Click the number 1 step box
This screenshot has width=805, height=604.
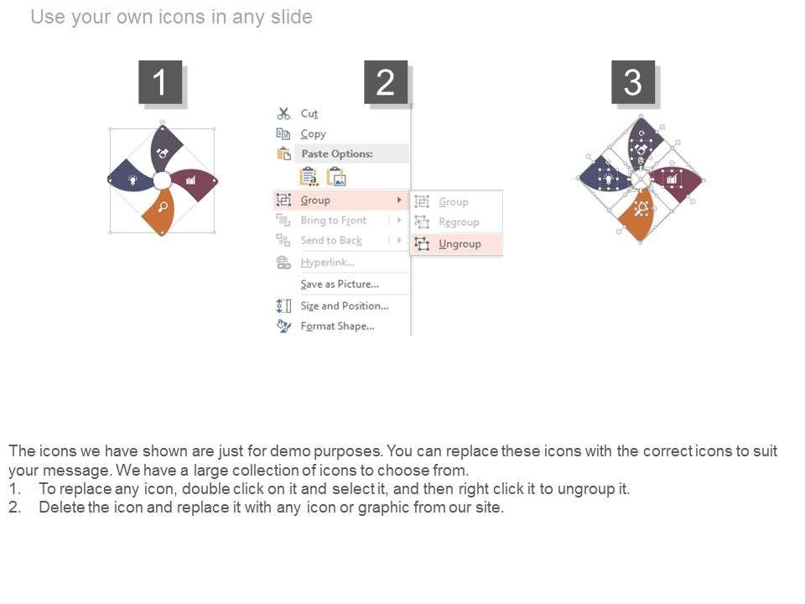point(160,82)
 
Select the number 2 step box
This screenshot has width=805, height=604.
point(386,82)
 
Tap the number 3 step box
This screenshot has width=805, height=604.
point(633,82)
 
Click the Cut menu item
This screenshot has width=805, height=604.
point(309,113)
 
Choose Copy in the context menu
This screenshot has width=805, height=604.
point(313,134)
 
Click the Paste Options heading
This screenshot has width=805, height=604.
point(337,154)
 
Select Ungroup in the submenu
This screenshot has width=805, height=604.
point(460,244)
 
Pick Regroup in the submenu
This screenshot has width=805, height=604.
point(459,222)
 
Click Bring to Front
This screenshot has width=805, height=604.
point(333,221)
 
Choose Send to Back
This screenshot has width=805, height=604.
point(331,241)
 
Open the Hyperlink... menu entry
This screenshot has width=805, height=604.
point(328,263)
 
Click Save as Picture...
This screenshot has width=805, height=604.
point(340,284)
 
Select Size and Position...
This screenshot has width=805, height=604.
point(345,306)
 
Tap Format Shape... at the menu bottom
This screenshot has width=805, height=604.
point(337,326)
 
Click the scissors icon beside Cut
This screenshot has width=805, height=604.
point(283,113)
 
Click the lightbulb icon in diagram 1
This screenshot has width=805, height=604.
point(132,180)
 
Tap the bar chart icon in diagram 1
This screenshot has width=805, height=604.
point(190,180)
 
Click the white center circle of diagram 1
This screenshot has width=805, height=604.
point(162,181)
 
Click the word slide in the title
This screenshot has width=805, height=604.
point(292,17)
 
